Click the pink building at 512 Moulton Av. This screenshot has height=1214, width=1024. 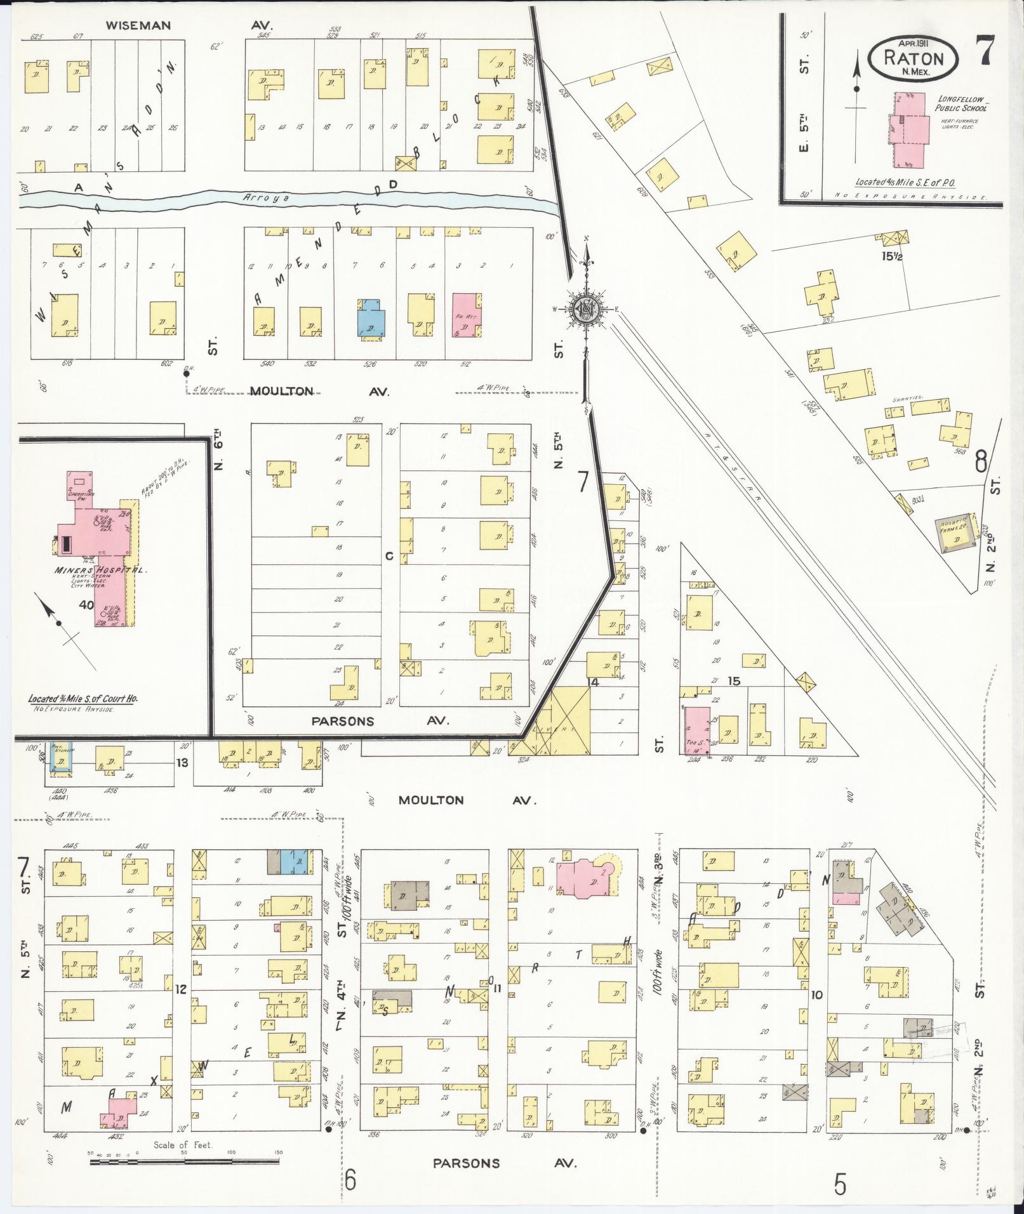point(466,315)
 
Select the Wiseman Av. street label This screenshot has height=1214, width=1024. point(188,26)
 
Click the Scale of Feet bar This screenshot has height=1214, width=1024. point(184,1161)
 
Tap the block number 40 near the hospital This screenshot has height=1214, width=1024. point(86,605)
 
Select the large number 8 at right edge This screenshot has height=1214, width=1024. point(981,462)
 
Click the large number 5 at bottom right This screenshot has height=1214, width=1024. point(841,1184)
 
